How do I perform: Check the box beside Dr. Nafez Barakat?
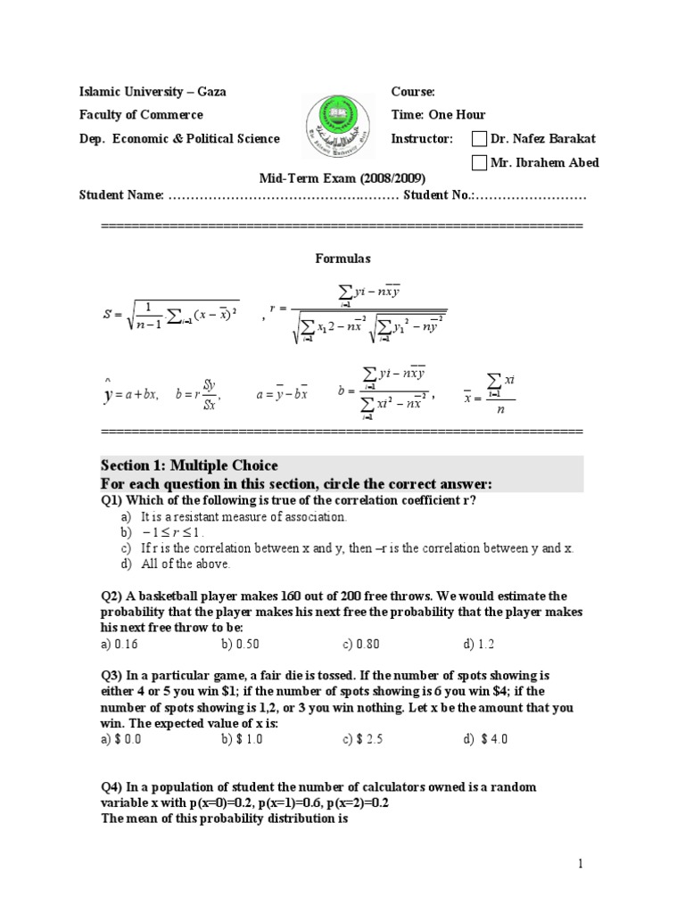(x=479, y=138)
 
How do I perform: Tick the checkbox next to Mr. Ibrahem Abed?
(x=479, y=162)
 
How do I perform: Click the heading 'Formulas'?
(x=342, y=259)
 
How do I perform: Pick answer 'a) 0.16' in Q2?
(x=120, y=643)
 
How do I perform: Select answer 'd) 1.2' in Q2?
(x=479, y=643)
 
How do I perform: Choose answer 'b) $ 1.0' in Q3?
(x=241, y=739)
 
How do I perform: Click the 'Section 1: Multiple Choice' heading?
(x=189, y=465)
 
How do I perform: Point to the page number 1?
(x=579, y=863)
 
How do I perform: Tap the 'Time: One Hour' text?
(x=438, y=115)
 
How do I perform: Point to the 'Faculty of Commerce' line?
(x=141, y=115)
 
